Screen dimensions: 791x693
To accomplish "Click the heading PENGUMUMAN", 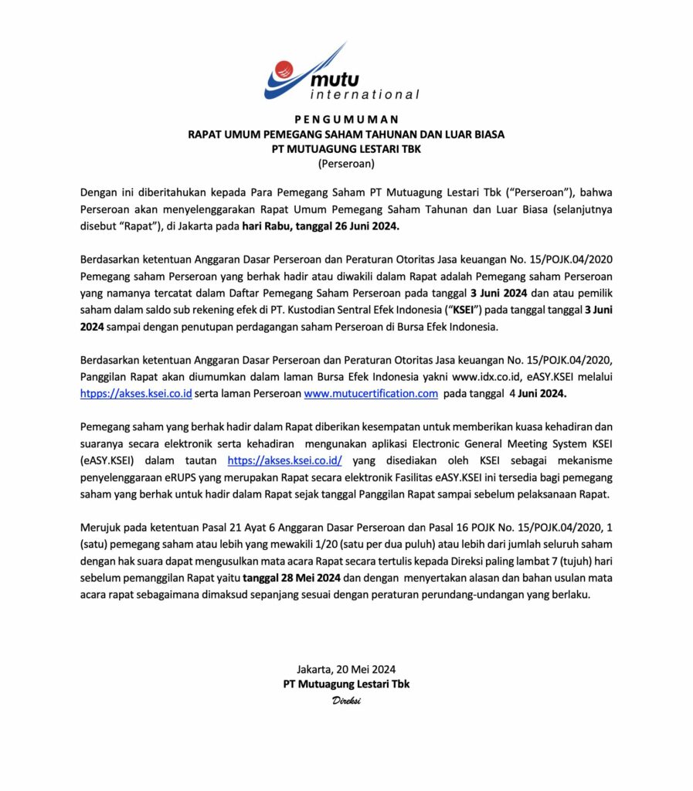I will tap(346, 120).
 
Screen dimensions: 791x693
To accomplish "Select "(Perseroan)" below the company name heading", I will tap(346, 163).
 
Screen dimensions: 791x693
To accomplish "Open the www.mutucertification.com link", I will tap(372, 393).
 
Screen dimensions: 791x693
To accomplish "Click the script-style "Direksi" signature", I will tap(346, 700).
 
